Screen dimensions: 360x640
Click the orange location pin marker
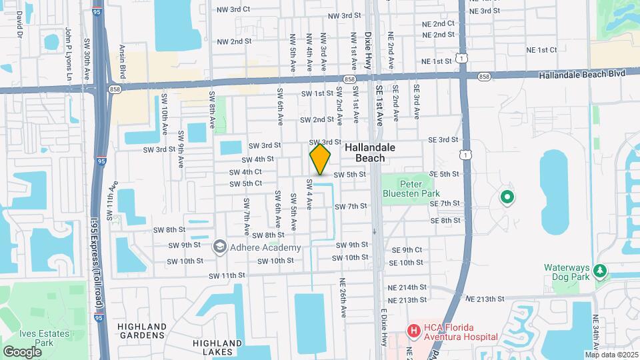[320, 159]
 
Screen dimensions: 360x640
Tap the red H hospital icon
[413, 329]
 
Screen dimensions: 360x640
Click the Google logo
[22, 351]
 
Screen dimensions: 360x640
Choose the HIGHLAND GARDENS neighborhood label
[142, 331]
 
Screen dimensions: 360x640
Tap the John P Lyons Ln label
[67, 54]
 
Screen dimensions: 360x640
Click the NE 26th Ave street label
[343, 297]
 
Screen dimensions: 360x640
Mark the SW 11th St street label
[227, 275]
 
